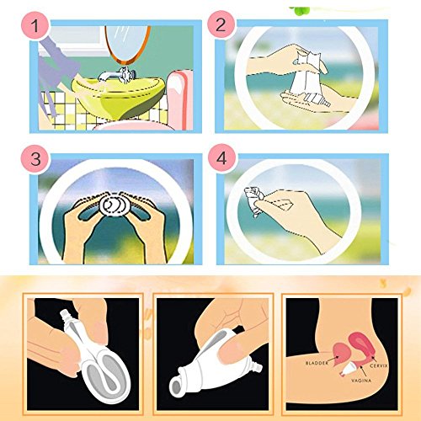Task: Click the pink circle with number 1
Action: click(35, 26)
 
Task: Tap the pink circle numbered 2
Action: click(221, 24)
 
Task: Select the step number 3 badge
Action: click(35, 159)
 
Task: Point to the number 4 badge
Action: click(222, 158)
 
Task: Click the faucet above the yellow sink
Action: click(118, 75)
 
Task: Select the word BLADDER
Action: click(317, 363)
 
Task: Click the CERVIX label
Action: click(379, 366)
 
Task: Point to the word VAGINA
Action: click(361, 381)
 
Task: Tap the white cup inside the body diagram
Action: click(348, 369)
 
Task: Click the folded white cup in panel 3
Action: click(115, 205)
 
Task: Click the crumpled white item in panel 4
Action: click(254, 200)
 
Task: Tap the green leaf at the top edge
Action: click(301, 10)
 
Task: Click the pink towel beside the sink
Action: click(179, 99)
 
